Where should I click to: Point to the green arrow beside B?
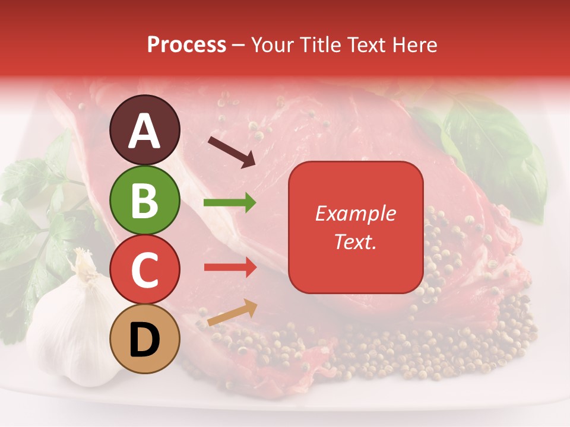coord(229,203)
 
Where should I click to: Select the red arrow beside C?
coord(230,267)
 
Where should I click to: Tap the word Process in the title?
coord(186,44)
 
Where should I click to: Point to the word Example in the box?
coord(356,213)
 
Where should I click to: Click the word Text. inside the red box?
coord(356,242)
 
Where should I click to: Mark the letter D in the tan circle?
coord(145,340)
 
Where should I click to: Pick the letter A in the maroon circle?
coord(145,131)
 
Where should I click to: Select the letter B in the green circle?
coord(145,200)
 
